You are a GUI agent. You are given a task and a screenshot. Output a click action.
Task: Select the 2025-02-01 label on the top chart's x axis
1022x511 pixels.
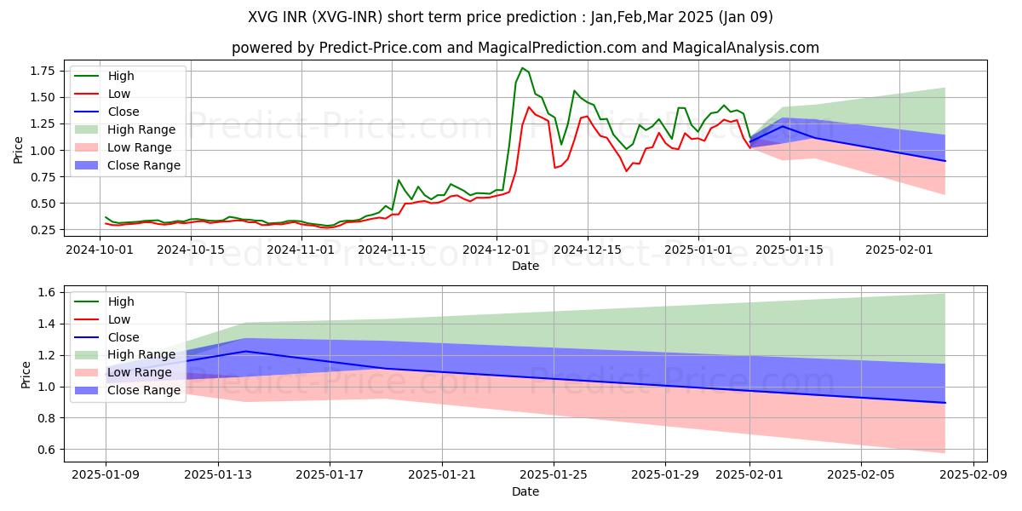pos(900,250)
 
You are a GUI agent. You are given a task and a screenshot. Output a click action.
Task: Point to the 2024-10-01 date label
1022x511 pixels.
pos(99,250)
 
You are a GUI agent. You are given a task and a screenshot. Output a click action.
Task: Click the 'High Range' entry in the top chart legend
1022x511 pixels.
pos(141,129)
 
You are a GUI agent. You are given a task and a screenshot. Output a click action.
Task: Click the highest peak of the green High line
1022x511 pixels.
pos(522,68)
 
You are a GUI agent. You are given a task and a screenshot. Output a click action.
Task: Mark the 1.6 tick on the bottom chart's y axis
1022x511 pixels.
pos(45,292)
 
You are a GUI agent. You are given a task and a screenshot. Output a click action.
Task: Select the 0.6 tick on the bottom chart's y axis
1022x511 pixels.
pos(45,450)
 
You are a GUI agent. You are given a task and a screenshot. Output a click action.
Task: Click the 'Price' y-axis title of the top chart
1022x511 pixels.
pos(19,150)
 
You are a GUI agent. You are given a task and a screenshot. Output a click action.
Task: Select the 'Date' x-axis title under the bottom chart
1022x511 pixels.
pos(525,492)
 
